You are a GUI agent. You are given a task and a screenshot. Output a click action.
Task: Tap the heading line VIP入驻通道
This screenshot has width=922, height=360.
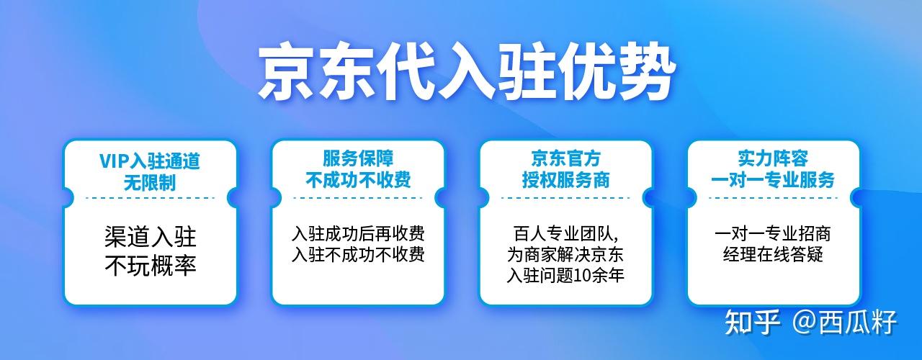pyautogui.click(x=150, y=161)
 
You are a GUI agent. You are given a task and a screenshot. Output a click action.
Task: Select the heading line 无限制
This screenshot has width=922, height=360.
pyautogui.click(x=150, y=182)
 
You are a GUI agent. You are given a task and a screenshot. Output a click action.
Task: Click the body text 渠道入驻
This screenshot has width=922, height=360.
pyautogui.click(x=151, y=237)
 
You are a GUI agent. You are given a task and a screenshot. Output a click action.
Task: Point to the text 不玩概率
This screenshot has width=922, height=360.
pyautogui.click(x=151, y=266)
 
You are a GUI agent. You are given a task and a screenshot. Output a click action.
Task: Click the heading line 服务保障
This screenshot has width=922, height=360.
pyautogui.click(x=358, y=158)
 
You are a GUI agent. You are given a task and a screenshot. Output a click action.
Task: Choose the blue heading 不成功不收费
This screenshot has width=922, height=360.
pyautogui.click(x=358, y=180)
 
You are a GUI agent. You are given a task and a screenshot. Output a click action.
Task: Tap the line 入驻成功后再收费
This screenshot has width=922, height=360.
pyautogui.click(x=358, y=234)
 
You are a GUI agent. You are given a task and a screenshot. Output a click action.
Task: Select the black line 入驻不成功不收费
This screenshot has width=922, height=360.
pyautogui.click(x=358, y=255)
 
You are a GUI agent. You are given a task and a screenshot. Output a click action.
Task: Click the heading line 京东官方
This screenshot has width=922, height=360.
pyautogui.click(x=566, y=158)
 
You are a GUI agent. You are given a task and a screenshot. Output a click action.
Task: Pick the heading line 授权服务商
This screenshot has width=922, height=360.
pyautogui.click(x=566, y=180)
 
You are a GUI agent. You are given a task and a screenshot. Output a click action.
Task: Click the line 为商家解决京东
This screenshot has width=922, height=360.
pyautogui.click(x=565, y=255)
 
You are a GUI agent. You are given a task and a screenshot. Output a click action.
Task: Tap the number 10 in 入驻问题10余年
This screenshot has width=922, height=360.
pyautogui.click(x=582, y=276)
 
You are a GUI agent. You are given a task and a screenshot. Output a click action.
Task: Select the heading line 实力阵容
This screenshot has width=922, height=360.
pyautogui.click(x=773, y=158)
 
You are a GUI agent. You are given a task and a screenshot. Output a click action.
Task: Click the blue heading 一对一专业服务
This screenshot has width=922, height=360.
pyautogui.click(x=773, y=180)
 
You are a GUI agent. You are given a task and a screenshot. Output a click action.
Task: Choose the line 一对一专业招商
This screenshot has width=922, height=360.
pyautogui.click(x=773, y=234)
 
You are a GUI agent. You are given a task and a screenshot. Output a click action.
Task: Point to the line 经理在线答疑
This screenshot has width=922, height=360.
pyautogui.click(x=773, y=255)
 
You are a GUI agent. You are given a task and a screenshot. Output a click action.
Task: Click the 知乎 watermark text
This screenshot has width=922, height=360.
pyautogui.click(x=753, y=322)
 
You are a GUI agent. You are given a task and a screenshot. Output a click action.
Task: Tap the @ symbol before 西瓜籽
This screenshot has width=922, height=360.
pyautogui.click(x=805, y=322)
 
